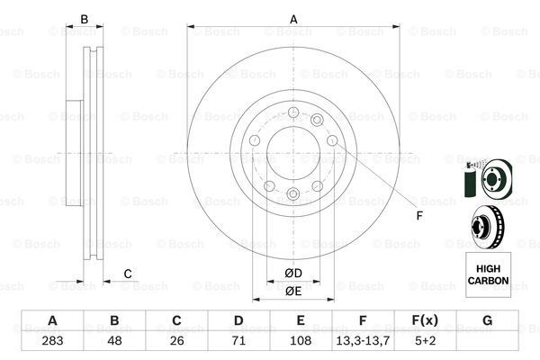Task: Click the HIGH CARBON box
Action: pyautogui.click(x=487, y=274)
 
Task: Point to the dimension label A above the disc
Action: pyautogui.click(x=293, y=19)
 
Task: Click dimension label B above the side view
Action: pyautogui.click(x=84, y=19)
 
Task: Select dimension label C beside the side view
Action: pyautogui.click(x=128, y=274)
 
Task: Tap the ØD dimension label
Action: pyautogui.click(x=292, y=274)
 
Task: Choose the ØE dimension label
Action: pyautogui.click(x=292, y=291)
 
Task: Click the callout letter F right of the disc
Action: pyautogui.click(x=418, y=216)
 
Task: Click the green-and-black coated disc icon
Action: pyautogui.click(x=486, y=178)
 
